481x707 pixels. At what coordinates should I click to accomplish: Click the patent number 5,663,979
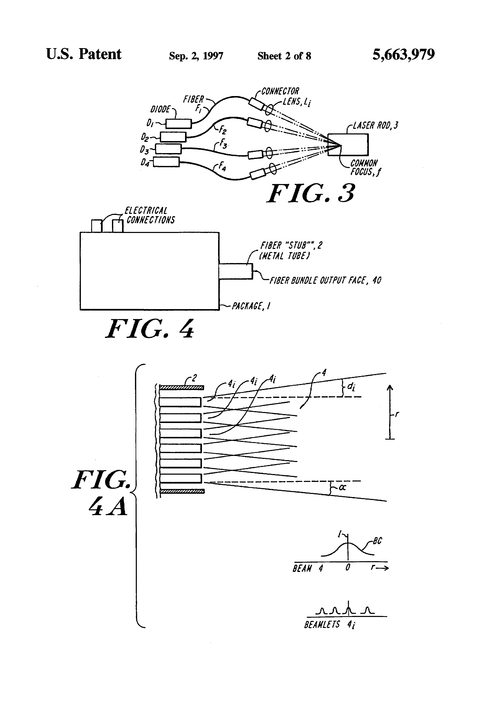point(403,55)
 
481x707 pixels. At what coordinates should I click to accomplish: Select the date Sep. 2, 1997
point(196,56)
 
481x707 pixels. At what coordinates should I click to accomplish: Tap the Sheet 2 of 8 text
point(284,56)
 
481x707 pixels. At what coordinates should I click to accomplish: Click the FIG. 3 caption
point(311,194)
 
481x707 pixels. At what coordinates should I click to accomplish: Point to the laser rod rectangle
point(348,145)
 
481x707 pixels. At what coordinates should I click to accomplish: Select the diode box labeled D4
point(166,162)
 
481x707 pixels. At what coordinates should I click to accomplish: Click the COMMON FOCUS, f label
point(365,168)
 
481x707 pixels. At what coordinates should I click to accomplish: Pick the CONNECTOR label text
point(280,91)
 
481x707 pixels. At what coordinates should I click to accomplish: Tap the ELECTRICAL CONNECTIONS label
point(149,215)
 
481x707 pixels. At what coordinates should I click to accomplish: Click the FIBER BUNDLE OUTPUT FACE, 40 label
point(325,280)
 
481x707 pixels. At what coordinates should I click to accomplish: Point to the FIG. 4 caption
point(150,329)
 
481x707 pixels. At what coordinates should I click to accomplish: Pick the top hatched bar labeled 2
point(181,388)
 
